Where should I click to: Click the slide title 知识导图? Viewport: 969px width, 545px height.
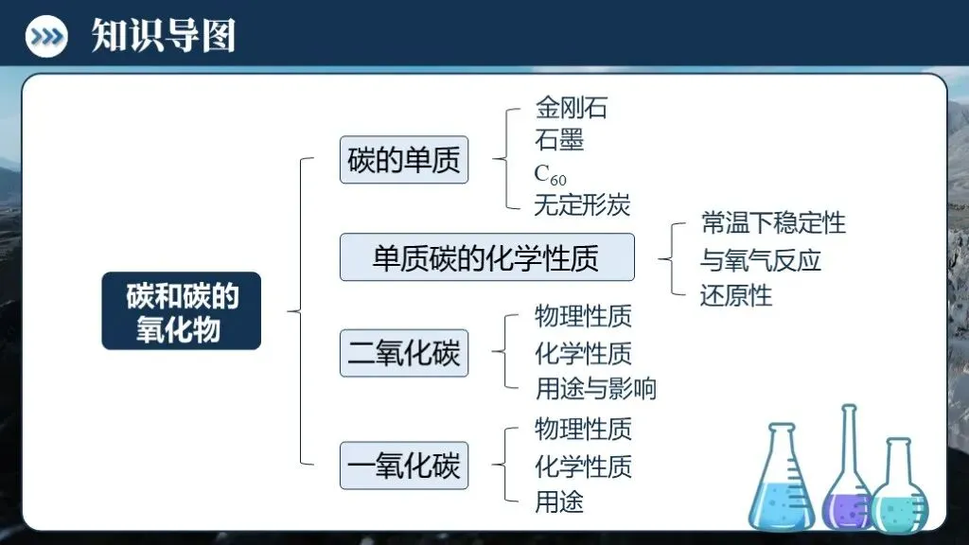[x=163, y=36]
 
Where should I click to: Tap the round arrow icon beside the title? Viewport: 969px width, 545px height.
[x=46, y=37]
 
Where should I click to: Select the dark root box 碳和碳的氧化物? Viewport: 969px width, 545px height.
[x=181, y=311]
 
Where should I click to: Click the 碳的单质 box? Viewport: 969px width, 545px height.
[x=404, y=159]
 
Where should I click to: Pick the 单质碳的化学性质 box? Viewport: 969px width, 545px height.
[x=486, y=257]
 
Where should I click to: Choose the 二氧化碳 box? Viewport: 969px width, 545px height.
[x=404, y=353]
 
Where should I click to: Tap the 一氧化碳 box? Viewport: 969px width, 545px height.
[x=404, y=466]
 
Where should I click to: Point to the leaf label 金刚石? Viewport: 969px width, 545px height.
[x=571, y=108]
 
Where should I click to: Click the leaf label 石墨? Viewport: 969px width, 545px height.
[x=559, y=140]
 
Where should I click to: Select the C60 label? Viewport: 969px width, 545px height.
[x=550, y=174]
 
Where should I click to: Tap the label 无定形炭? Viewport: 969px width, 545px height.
[x=582, y=203]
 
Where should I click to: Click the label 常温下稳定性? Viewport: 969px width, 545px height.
[x=773, y=223]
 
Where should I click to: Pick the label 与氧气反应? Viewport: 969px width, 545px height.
[x=761, y=259]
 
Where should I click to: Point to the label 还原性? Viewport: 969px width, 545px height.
[x=736, y=295]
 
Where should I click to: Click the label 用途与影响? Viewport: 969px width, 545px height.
[x=595, y=388]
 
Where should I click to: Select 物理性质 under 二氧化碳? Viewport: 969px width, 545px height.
[x=583, y=316]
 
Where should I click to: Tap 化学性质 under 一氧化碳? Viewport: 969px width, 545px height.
[x=583, y=466]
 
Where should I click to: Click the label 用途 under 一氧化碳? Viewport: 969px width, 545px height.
[x=559, y=501]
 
